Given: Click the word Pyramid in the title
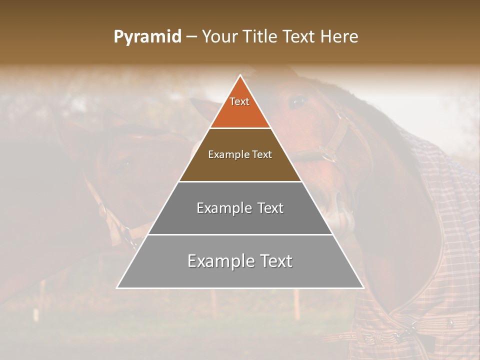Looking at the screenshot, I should pyautogui.click(x=147, y=37).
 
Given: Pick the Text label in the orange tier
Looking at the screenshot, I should pyautogui.click(x=239, y=101).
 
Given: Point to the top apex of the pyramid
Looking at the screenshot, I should pyautogui.click(x=240, y=75).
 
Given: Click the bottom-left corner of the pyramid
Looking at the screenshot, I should pyautogui.click(x=117, y=287).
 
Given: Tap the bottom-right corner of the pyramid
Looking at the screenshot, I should pyautogui.click(x=363, y=287).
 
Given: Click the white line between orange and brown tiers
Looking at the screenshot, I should pyautogui.click(x=240, y=128).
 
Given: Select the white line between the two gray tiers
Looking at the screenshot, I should pyautogui.click(x=240, y=234).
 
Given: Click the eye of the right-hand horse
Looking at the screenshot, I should pyautogui.click(x=298, y=101).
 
